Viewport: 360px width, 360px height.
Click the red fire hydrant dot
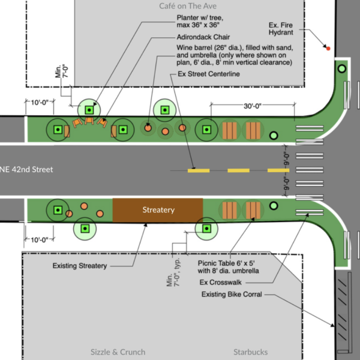tap(328, 49)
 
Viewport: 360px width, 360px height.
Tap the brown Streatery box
tap(158, 210)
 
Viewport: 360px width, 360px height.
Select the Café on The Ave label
tap(188, 6)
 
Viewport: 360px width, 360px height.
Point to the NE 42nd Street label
tap(26, 169)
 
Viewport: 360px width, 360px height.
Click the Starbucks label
tap(250, 352)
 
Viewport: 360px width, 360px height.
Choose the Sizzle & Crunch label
tap(118, 352)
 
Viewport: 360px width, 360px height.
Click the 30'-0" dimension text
tap(253, 106)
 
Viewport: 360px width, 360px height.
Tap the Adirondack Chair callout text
tap(203, 37)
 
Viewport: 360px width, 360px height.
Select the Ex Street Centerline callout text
tap(209, 74)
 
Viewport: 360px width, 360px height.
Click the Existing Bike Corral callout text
tap(232, 295)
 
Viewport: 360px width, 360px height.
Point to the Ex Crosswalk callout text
tap(220, 282)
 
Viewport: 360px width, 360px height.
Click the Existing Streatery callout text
tap(80, 266)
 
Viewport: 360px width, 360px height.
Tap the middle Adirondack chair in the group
tap(89, 121)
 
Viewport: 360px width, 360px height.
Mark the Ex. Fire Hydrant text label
tap(281, 29)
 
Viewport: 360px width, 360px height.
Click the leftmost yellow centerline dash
tap(199, 170)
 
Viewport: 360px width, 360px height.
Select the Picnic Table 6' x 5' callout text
tap(226, 263)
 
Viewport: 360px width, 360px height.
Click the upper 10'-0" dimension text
tap(40, 103)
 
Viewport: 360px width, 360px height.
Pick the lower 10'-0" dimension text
tap(40, 240)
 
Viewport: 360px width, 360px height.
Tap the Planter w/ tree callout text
tap(200, 21)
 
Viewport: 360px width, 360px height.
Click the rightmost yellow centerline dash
tap(278, 170)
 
